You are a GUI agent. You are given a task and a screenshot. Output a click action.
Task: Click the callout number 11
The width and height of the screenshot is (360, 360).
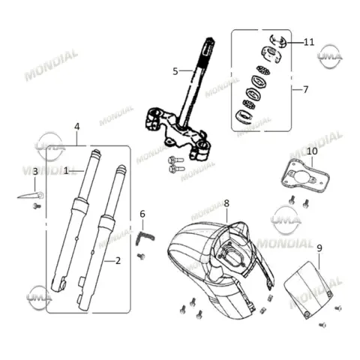tap(309, 42)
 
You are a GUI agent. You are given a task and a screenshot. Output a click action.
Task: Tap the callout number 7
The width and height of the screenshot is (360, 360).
tap(305, 89)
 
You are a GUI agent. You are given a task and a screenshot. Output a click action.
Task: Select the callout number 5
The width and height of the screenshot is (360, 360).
tap(175, 71)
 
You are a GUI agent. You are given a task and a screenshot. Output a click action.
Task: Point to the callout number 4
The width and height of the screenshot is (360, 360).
tap(77, 127)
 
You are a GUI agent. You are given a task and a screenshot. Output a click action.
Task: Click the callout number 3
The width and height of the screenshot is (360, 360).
tap(35, 172)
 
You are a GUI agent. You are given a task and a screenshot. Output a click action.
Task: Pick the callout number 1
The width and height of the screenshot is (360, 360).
tap(66, 171)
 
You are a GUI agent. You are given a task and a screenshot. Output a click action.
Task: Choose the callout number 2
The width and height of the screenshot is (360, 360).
tap(118, 261)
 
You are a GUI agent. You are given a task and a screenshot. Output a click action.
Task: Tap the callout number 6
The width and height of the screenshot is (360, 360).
tap(142, 214)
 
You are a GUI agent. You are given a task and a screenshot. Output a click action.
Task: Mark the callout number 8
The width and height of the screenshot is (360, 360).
tap(226, 203)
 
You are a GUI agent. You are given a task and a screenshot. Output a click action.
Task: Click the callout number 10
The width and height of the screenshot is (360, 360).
tap(312, 151)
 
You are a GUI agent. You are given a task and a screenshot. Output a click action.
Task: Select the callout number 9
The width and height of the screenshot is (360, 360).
tap(319, 248)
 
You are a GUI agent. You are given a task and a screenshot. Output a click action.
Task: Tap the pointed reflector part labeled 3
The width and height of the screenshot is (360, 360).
tap(31, 196)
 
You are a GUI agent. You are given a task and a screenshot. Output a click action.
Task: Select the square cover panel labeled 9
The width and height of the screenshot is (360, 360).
tap(309, 289)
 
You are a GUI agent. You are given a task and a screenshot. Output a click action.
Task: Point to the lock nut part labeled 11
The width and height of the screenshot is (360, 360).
tap(278, 40)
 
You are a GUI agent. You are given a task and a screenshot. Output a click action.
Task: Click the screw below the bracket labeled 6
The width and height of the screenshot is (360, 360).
tap(141, 256)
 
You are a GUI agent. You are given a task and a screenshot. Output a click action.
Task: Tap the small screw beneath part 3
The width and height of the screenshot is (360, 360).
tap(37, 206)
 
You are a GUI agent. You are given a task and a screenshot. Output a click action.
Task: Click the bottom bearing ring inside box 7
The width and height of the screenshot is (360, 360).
tap(244, 117)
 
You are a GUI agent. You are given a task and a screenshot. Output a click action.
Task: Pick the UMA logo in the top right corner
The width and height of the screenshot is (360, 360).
tap(330, 57)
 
